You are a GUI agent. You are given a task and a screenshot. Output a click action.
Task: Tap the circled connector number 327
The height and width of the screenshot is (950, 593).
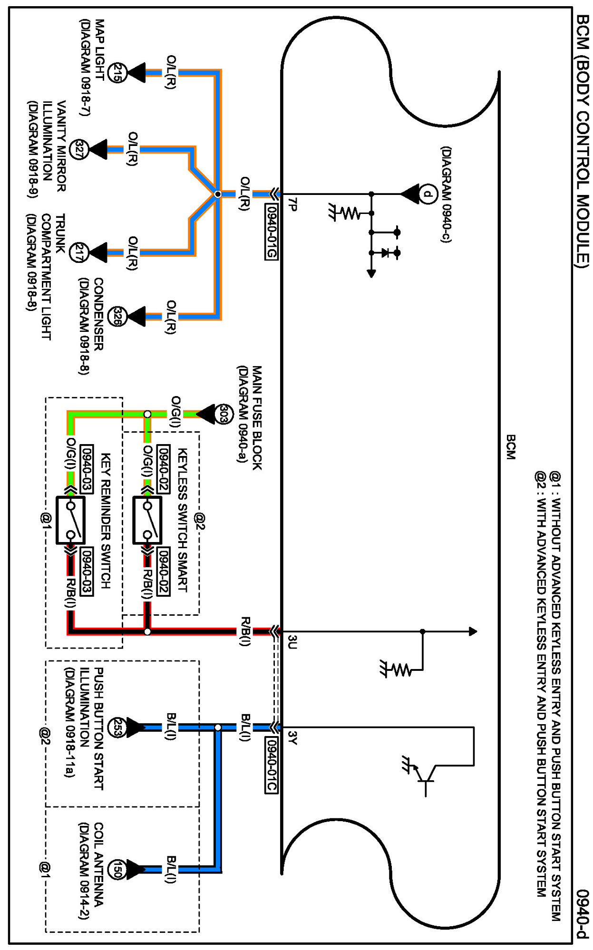(x=79, y=150)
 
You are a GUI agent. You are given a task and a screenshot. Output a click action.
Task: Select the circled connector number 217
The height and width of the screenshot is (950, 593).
(x=79, y=252)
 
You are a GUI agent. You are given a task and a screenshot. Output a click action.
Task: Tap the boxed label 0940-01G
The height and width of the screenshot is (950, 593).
(x=271, y=232)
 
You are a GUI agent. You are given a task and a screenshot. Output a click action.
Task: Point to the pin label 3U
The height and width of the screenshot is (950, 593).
(x=292, y=642)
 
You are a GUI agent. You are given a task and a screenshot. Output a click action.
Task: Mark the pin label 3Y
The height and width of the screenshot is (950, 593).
(x=292, y=738)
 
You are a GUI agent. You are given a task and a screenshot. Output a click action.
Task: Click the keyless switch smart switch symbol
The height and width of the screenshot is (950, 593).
(x=147, y=520)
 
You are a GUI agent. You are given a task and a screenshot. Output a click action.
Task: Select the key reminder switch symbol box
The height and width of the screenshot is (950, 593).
(x=71, y=520)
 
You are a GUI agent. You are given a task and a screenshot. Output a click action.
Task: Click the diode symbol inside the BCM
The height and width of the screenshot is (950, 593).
(x=385, y=253)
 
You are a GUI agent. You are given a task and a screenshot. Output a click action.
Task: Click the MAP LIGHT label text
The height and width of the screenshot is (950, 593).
(x=99, y=49)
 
